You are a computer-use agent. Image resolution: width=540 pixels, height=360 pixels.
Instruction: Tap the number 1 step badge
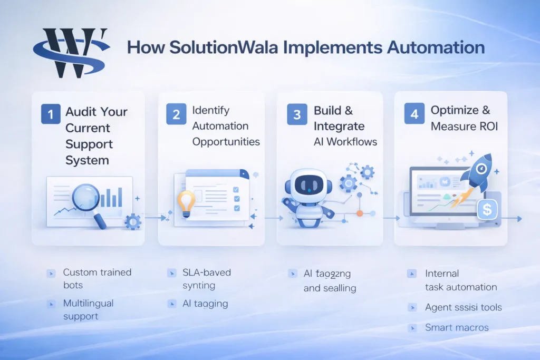point(51,114)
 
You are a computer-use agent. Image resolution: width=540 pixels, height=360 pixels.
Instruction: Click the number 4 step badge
point(414,114)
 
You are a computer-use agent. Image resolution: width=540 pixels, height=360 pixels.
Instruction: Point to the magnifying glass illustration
point(82,200)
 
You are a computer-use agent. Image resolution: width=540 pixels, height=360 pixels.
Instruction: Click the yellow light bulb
point(186,203)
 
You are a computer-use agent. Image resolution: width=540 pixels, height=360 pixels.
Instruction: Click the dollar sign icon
point(487,210)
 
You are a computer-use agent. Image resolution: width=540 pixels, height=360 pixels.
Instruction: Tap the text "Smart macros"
point(457,328)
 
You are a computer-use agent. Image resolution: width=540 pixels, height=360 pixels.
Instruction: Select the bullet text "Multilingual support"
point(88,310)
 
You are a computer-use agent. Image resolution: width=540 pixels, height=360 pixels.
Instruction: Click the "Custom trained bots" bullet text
point(97,278)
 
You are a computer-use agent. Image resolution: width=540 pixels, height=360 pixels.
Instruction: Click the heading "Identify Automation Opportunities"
point(226,126)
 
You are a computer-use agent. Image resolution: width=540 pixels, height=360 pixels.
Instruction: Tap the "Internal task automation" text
point(460,280)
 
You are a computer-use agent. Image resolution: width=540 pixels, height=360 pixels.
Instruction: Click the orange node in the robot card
point(360,213)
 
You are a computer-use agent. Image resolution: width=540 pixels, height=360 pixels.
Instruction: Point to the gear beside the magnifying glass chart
point(132,221)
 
